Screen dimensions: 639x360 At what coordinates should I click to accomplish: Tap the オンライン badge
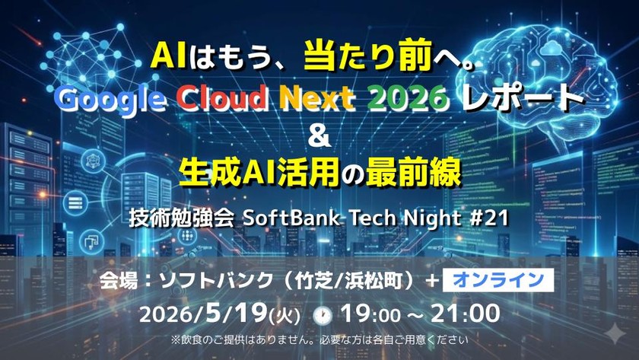498,280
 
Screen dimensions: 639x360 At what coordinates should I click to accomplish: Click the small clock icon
323,316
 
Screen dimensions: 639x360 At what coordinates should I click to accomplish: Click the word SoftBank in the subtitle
291,218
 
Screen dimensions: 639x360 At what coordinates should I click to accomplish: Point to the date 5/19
237,314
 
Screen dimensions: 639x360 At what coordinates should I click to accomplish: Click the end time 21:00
465,314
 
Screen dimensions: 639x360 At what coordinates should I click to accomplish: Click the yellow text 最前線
414,173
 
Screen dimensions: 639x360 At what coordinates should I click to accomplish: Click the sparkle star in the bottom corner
615,335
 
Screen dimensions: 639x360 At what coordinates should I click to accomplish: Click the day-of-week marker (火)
285,316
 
